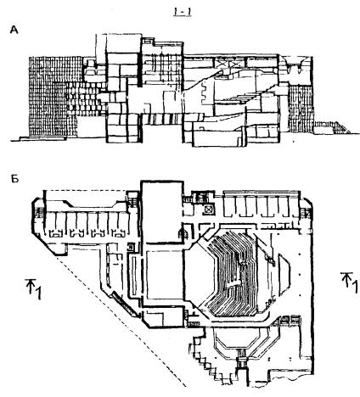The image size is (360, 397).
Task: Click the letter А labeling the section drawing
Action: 14,30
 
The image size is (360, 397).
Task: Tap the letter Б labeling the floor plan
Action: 15,179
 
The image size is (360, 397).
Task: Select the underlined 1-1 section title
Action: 182,12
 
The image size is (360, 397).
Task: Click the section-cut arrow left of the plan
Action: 34,288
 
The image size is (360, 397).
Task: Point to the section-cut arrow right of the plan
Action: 349,282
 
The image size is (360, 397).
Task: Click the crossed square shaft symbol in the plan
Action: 209,210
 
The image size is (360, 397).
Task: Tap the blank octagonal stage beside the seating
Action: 198,274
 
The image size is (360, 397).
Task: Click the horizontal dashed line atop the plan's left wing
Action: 86,190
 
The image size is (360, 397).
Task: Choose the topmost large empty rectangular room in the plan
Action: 161,212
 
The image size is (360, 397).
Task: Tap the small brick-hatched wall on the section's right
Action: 301,109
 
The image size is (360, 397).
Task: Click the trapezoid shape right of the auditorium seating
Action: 284,274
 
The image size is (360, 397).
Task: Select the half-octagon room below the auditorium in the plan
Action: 237,339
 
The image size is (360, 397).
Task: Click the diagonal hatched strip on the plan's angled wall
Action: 125,304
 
